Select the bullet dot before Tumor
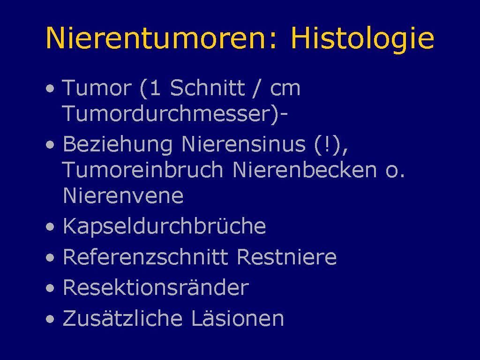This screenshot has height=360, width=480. click(x=50, y=89)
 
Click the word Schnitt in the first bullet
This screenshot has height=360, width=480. click(x=208, y=88)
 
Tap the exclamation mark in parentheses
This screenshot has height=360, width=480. click(x=327, y=144)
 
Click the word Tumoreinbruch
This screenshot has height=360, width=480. click(x=142, y=170)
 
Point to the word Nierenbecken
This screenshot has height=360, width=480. click(x=305, y=170)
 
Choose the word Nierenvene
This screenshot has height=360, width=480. click(x=123, y=195)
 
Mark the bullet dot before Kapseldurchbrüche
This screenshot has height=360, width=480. click(x=50, y=227)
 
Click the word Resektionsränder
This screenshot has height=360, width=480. click(x=156, y=287)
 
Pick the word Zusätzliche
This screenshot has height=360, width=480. click(x=122, y=318)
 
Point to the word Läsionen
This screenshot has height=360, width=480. click(x=238, y=318)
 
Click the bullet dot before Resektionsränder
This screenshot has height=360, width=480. click(x=50, y=288)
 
